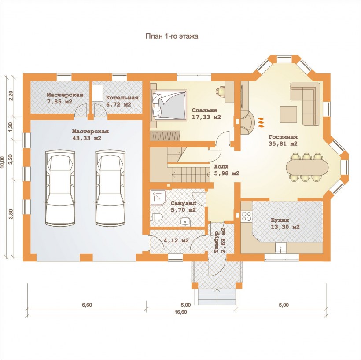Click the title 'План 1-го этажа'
tap(172, 37)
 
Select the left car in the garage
tap(60, 187)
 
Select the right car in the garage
tap(110, 187)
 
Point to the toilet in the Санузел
tap(156, 217)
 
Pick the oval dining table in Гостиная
tap(308, 167)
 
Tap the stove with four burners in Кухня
tap(247, 216)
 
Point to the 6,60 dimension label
tap(87, 305)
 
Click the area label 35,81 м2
tap(283, 143)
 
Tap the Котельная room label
tap(122, 98)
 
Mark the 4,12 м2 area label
tap(176, 241)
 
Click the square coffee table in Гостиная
tap(288, 114)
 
